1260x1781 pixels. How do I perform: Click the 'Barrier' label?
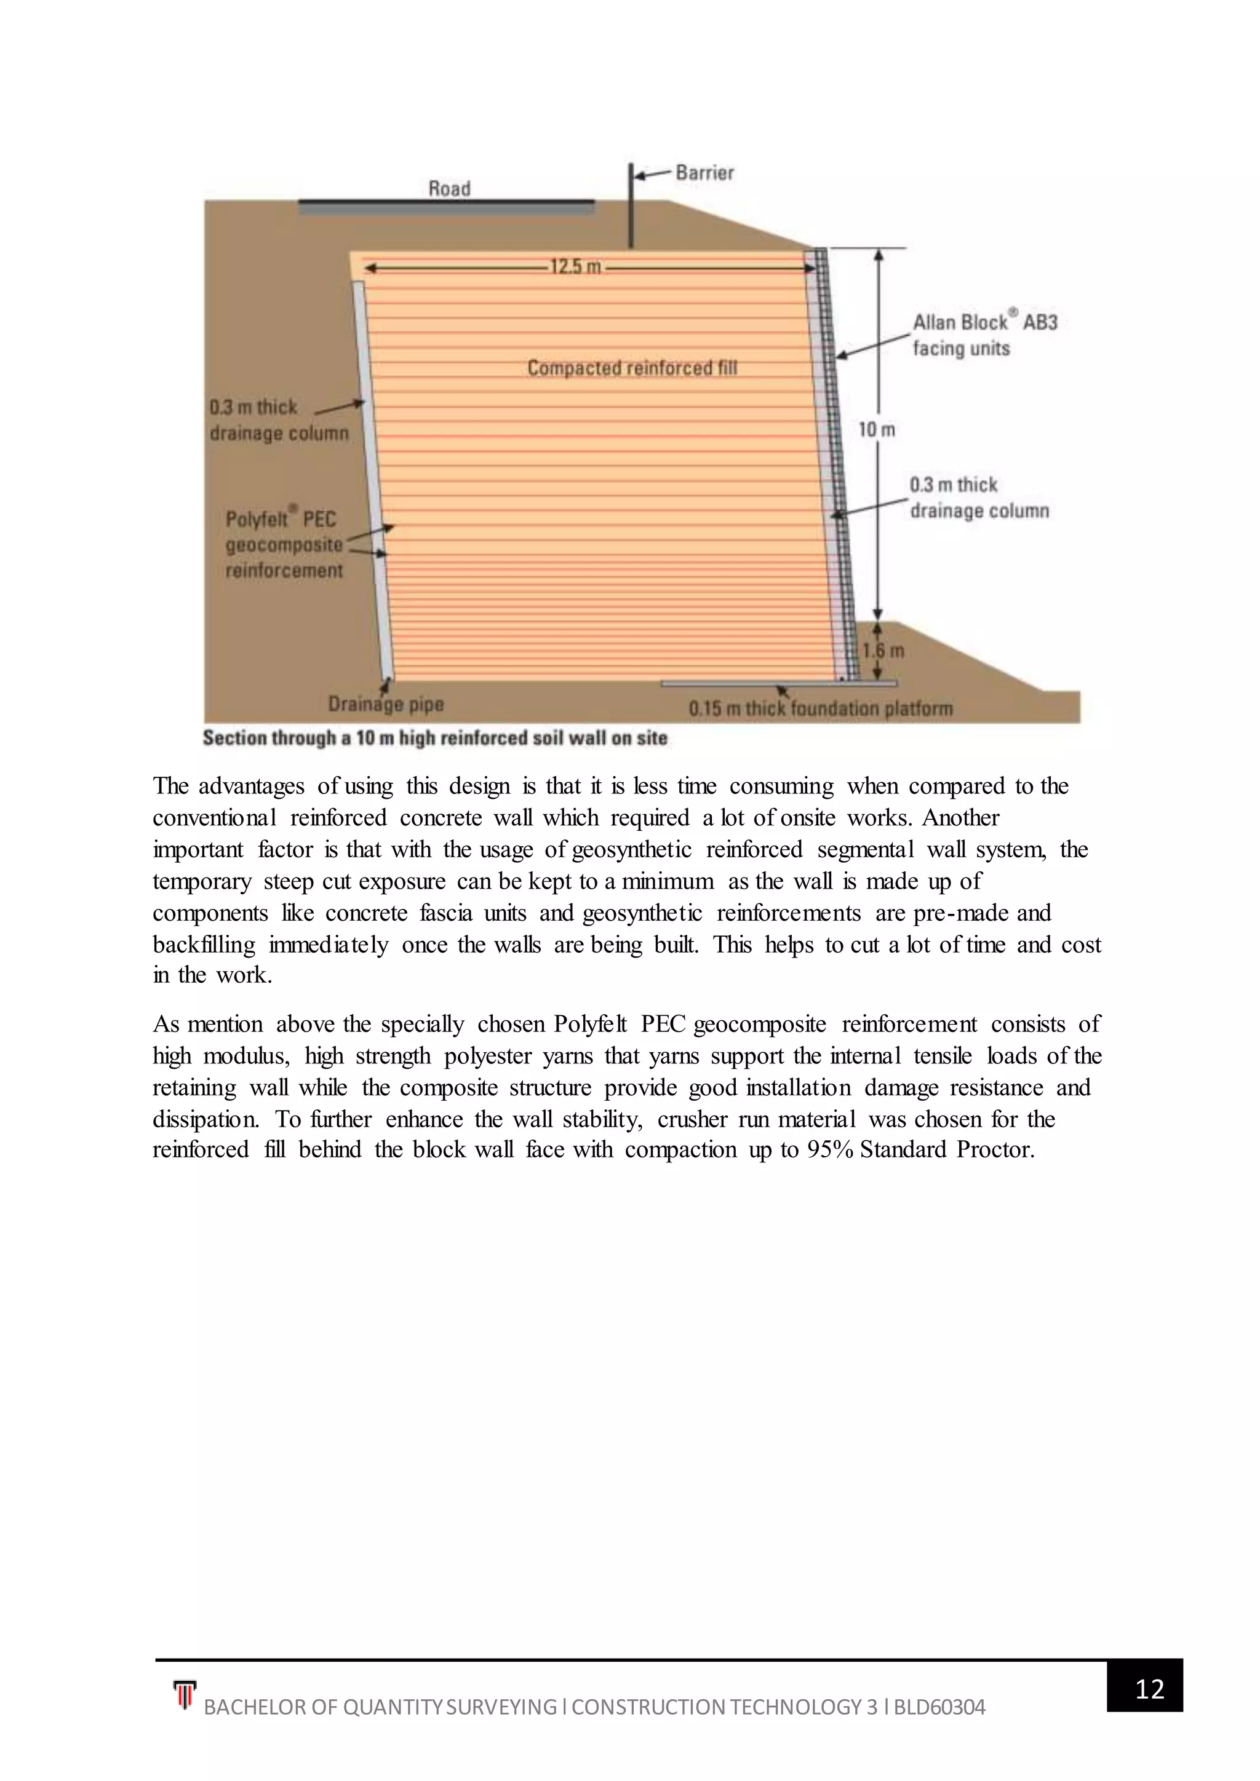(x=704, y=172)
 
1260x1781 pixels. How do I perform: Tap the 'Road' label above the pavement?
(x=449, y=189)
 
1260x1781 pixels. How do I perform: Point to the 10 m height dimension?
(x=877, y=429)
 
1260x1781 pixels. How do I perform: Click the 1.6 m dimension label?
(x=883, y=650)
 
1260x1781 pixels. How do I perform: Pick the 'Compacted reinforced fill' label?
(x=632, y=368)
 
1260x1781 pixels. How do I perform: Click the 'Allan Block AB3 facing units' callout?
(x=984, y=335)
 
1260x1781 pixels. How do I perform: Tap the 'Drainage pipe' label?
(x=386, y=704)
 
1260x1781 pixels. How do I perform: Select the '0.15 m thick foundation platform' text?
(x=820, y=708)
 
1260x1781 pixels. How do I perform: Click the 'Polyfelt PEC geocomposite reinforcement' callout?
(x=284, y=544)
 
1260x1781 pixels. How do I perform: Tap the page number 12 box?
(x=1149, y=1689)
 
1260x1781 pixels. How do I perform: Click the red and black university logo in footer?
(x=185, y=1694)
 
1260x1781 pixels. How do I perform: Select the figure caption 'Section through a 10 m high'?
(x=434, y=738)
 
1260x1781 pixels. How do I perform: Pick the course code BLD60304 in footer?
(x=939, y=1707)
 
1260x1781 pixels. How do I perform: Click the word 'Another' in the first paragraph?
(x=960, y=817)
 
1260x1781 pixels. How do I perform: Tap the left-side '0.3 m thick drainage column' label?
(x=279, y=419)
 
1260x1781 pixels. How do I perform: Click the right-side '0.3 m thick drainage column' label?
(x=978, y=498)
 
